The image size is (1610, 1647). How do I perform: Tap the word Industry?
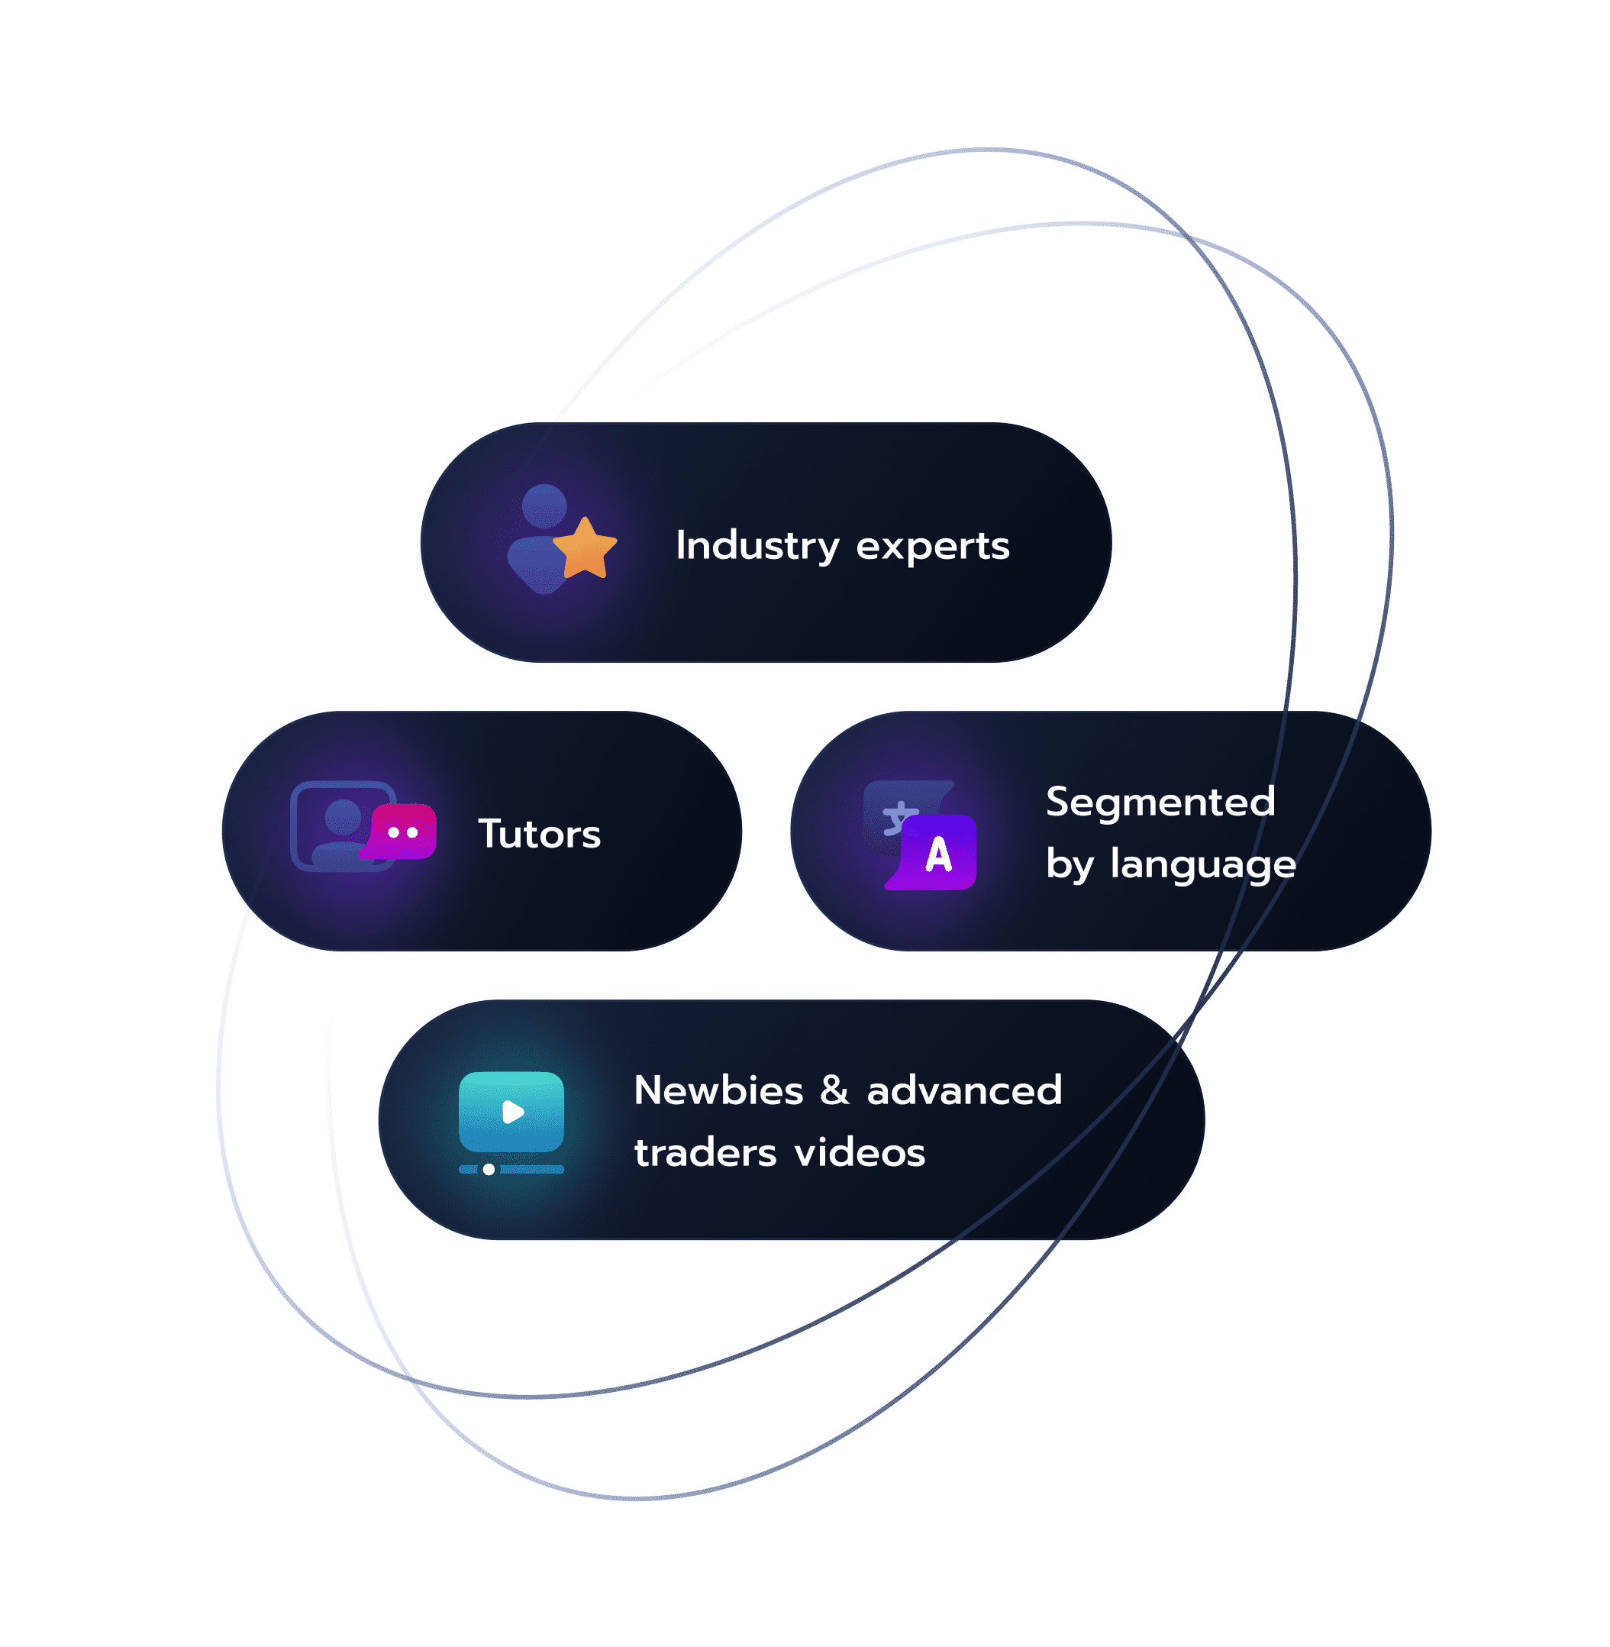click(x=757, y=547)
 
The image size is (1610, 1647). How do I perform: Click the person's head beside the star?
click(x=544, y=505)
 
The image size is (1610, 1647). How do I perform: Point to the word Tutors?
click(x=540, y=834)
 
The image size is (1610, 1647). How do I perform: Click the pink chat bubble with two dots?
click(x=402, y=832)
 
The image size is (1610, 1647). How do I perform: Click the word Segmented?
click(x=1160, y=802)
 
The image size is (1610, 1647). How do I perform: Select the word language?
click(x=1202, y=865)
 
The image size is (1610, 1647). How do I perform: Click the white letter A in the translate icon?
click(x=939, y=854)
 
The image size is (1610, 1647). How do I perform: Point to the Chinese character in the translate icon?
click(x=898, y=818)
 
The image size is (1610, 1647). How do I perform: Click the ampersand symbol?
click(x=834, y=1090)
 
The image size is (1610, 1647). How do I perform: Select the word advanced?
click(x=965, y=1090)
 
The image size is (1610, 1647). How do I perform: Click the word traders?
click(x=705, y=1153)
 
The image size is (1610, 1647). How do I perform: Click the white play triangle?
click(x=512, y=1112)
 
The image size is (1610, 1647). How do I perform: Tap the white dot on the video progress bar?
click(x=489, y=1170)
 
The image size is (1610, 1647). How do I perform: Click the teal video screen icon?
click(x=511, y=1113)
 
